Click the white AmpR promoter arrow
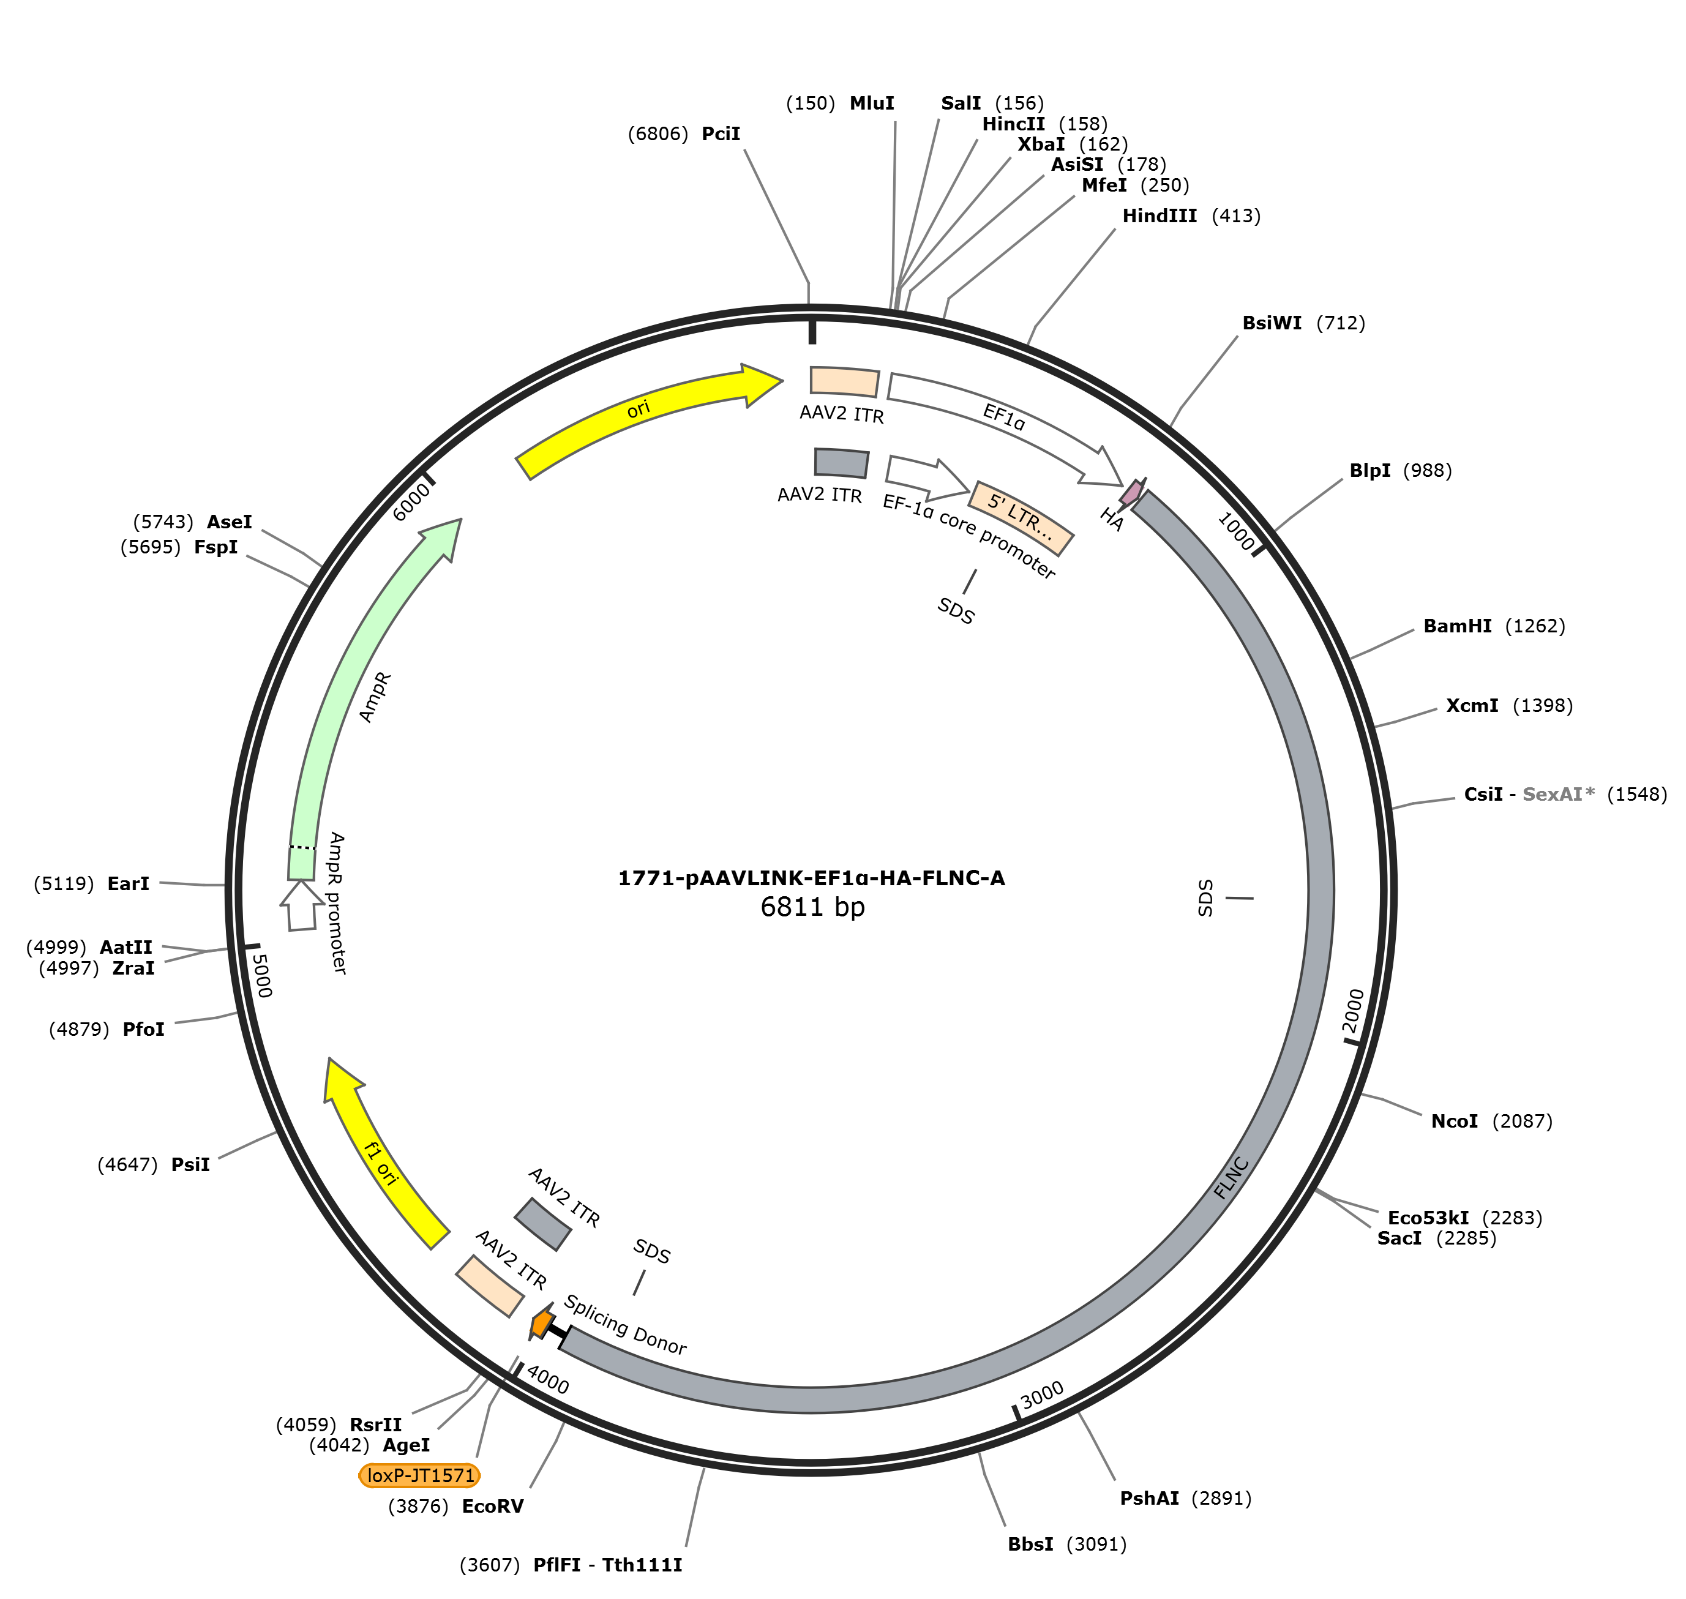(x=302, y=905)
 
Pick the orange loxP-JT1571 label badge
(x=420, y=1475)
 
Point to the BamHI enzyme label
(x=1458, y=626)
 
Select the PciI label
(x=721, y=134)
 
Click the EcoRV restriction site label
(x=493, y=1506)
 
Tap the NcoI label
(x=1454, y=1121)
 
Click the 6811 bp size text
(x=812, y=906)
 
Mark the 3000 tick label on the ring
(x=1041, y=1395)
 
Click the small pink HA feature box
(x=1132, y=491)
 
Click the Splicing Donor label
(x=625, y=1325)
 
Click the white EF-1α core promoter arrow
(x=927, y=478)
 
